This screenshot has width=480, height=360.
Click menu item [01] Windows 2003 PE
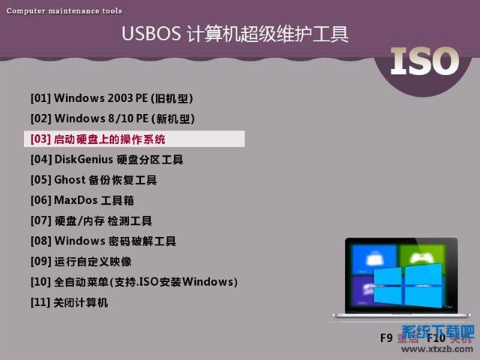pyautogui.click(x=116, y=98)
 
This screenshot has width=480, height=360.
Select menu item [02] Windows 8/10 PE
pyautogui.click(x=112, y=118)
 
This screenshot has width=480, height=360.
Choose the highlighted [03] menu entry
pyautogui.click(x=98, y=139)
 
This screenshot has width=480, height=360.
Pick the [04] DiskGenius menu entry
pyautogui.click(x=106, y=160)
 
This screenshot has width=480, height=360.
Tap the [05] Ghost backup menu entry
pyautogui.click(x=94, y=180)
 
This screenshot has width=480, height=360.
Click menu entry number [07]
pyautogui.click(x=91, y=221)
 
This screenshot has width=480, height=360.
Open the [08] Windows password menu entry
pyautogui.click(x=103, y=241)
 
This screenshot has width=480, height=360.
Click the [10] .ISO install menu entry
pyautogui.click(x=133, y=282)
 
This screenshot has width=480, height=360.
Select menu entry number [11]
pyautogui.click(x=69, y=302)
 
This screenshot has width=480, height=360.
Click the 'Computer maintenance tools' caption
pyautogui.click(x=64, y=11)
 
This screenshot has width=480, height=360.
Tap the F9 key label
pyautogui.click(x=386, y=338)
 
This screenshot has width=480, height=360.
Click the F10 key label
pyautogui.click(x=436, y=338)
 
